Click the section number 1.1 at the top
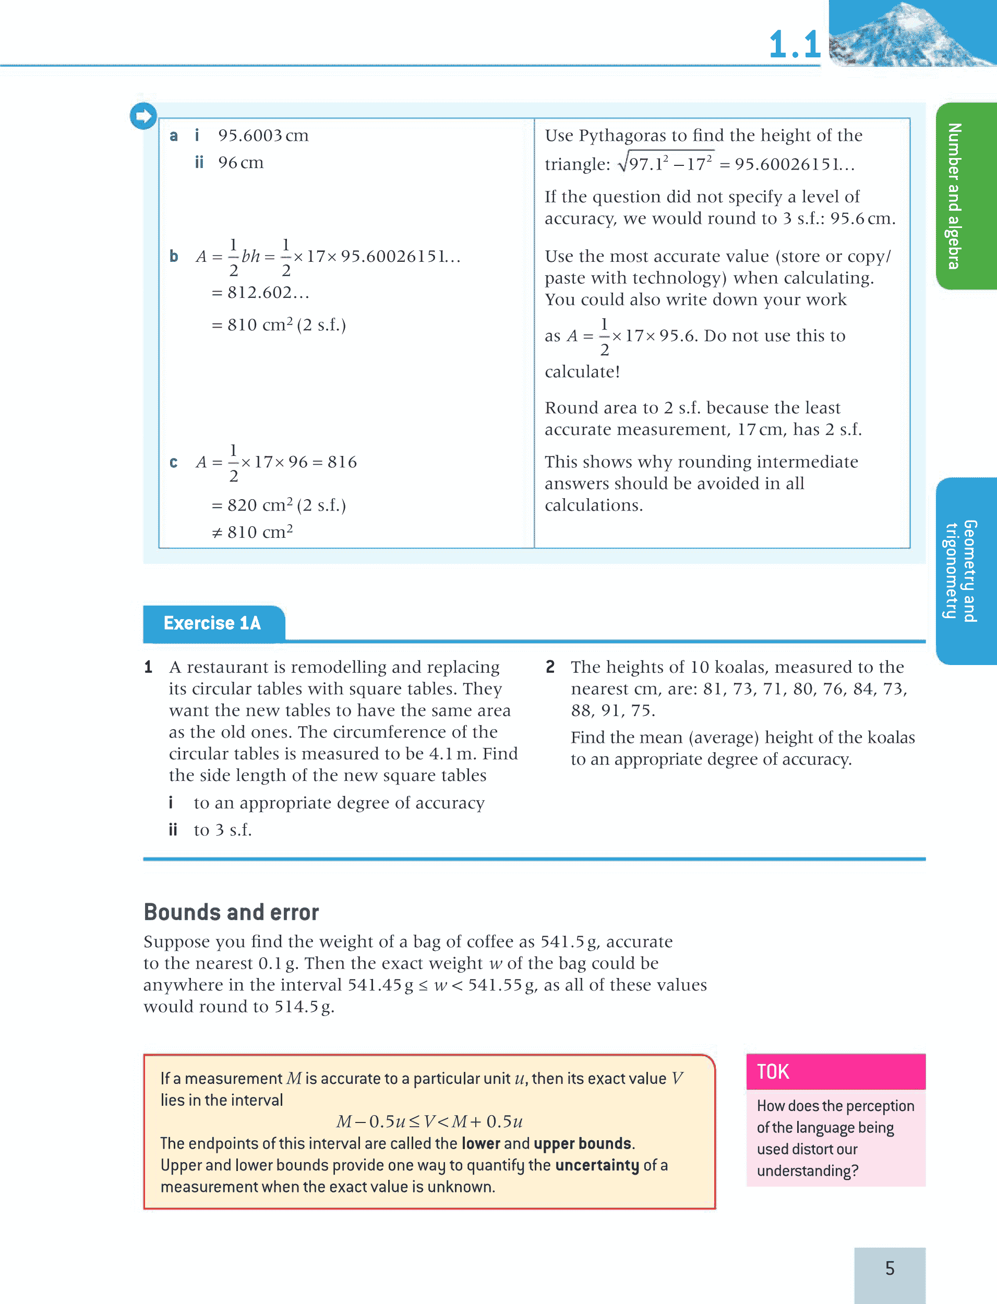794,44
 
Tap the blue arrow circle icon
143,116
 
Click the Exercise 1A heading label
212,623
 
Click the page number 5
890,1268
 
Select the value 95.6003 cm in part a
263,136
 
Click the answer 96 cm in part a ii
241,163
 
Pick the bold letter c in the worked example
173,462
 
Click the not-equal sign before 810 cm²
217,533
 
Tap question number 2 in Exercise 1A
550,667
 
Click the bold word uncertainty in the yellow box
596,1165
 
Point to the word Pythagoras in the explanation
622,136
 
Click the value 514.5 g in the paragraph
304,1006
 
